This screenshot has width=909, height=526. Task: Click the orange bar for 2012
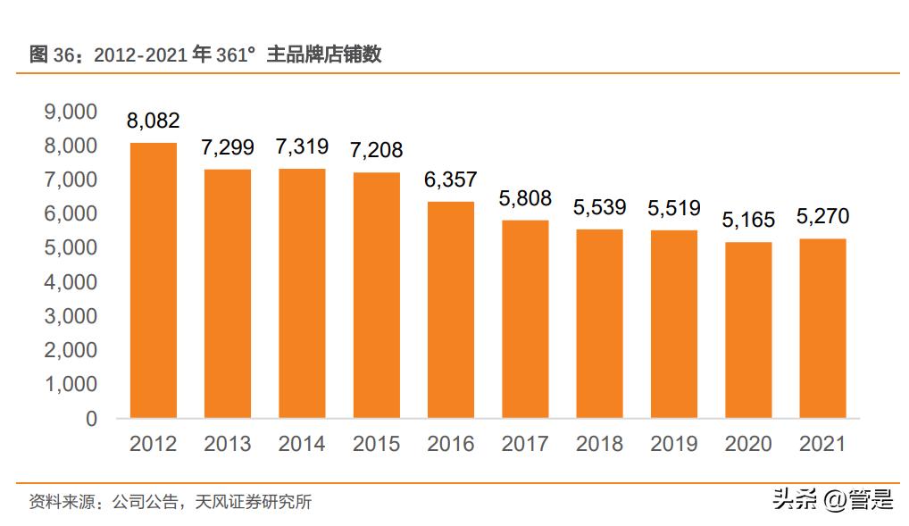pos(154,280)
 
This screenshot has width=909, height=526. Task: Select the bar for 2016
pos(451,310)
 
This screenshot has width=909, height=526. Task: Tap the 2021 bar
pos(822,329)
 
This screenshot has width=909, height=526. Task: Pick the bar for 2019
pos(674,324)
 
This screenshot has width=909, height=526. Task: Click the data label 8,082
pos(154,121)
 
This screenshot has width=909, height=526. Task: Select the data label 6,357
pos(451,180)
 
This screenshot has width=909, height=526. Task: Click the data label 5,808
pos(525,199)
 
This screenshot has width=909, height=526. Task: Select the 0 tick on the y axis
pos(91,418)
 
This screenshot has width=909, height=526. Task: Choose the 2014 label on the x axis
pos(302,444)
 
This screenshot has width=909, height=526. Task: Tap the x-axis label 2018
pos(599,444)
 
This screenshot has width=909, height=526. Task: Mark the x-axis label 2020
pos(748,444)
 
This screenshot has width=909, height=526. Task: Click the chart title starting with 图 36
pos(206,54)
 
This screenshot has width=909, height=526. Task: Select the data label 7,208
pos(377,151)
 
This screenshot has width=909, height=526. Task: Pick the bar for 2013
pos(228,294)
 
